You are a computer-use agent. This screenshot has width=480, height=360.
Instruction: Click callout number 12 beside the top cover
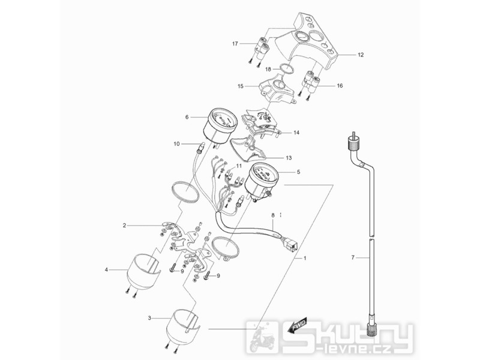(x=361, y=55)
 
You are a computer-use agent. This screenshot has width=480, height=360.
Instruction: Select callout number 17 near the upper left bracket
(x=236, y=43)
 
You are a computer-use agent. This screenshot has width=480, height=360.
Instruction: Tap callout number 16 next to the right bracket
(x=340, y=86)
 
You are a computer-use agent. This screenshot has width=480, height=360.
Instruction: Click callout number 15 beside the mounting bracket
(x=240, y=86)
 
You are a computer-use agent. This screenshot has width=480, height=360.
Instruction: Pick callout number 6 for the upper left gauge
(x=187, y=117)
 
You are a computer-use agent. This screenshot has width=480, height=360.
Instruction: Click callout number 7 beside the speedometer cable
(x=353, y=257)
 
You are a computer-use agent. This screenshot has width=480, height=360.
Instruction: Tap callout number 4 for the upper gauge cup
(x=106, y=270)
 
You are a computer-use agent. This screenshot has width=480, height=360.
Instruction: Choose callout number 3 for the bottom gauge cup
(x=149, y=316)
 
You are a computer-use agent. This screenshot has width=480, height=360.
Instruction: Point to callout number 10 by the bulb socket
(x=176, y=144)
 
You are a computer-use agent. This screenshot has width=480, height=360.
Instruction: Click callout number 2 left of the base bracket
(x=124, y=226)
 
